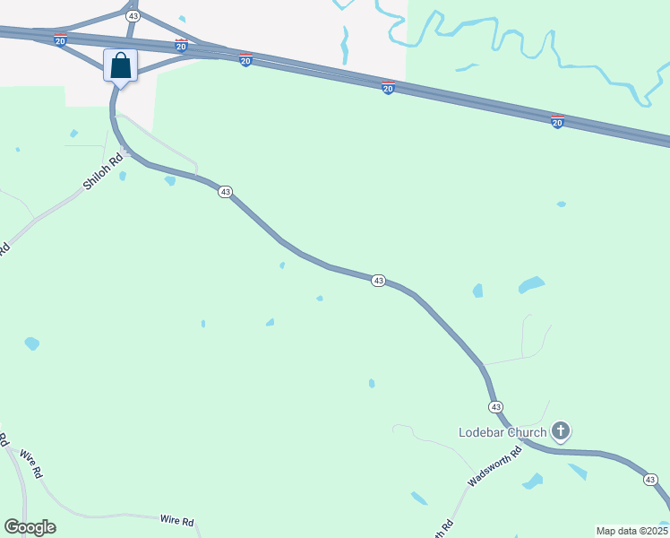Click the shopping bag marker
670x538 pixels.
coord(121,65)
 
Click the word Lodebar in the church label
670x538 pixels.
coord(483,432)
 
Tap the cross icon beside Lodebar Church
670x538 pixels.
coord(561,432)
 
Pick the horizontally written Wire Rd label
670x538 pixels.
coord(176,520)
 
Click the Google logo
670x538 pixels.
coord(30,527)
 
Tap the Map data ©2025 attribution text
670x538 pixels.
coord(632,531)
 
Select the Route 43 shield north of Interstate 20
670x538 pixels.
coord(133,16)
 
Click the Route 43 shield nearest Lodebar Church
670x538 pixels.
coord(495,406)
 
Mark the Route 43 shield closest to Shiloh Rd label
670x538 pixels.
coord(225,192)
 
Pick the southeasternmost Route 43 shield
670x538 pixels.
coord(650,480)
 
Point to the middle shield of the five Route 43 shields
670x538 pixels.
coord(378,281)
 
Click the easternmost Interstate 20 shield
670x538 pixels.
coord(557,122)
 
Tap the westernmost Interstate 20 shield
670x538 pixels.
coord(60,41)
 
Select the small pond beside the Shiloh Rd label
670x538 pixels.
coord(122,176)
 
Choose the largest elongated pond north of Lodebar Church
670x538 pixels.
coord(531,285)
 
